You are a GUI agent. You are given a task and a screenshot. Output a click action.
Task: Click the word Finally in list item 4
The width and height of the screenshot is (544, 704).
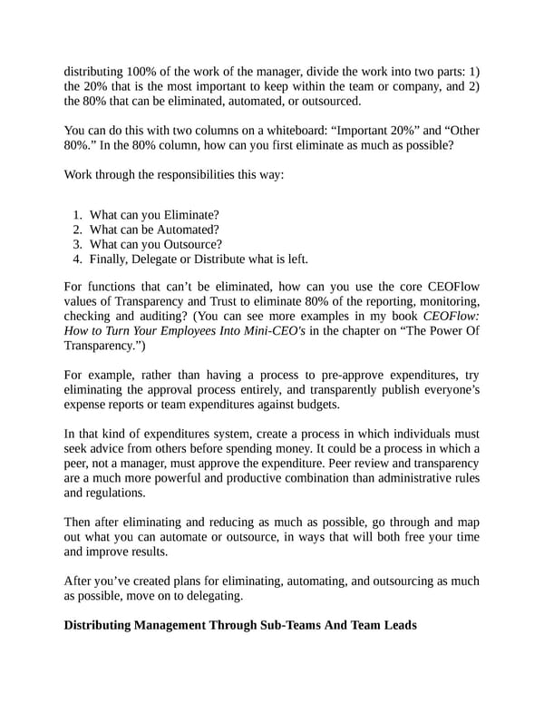pyautogui.click(x=112, y=259)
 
